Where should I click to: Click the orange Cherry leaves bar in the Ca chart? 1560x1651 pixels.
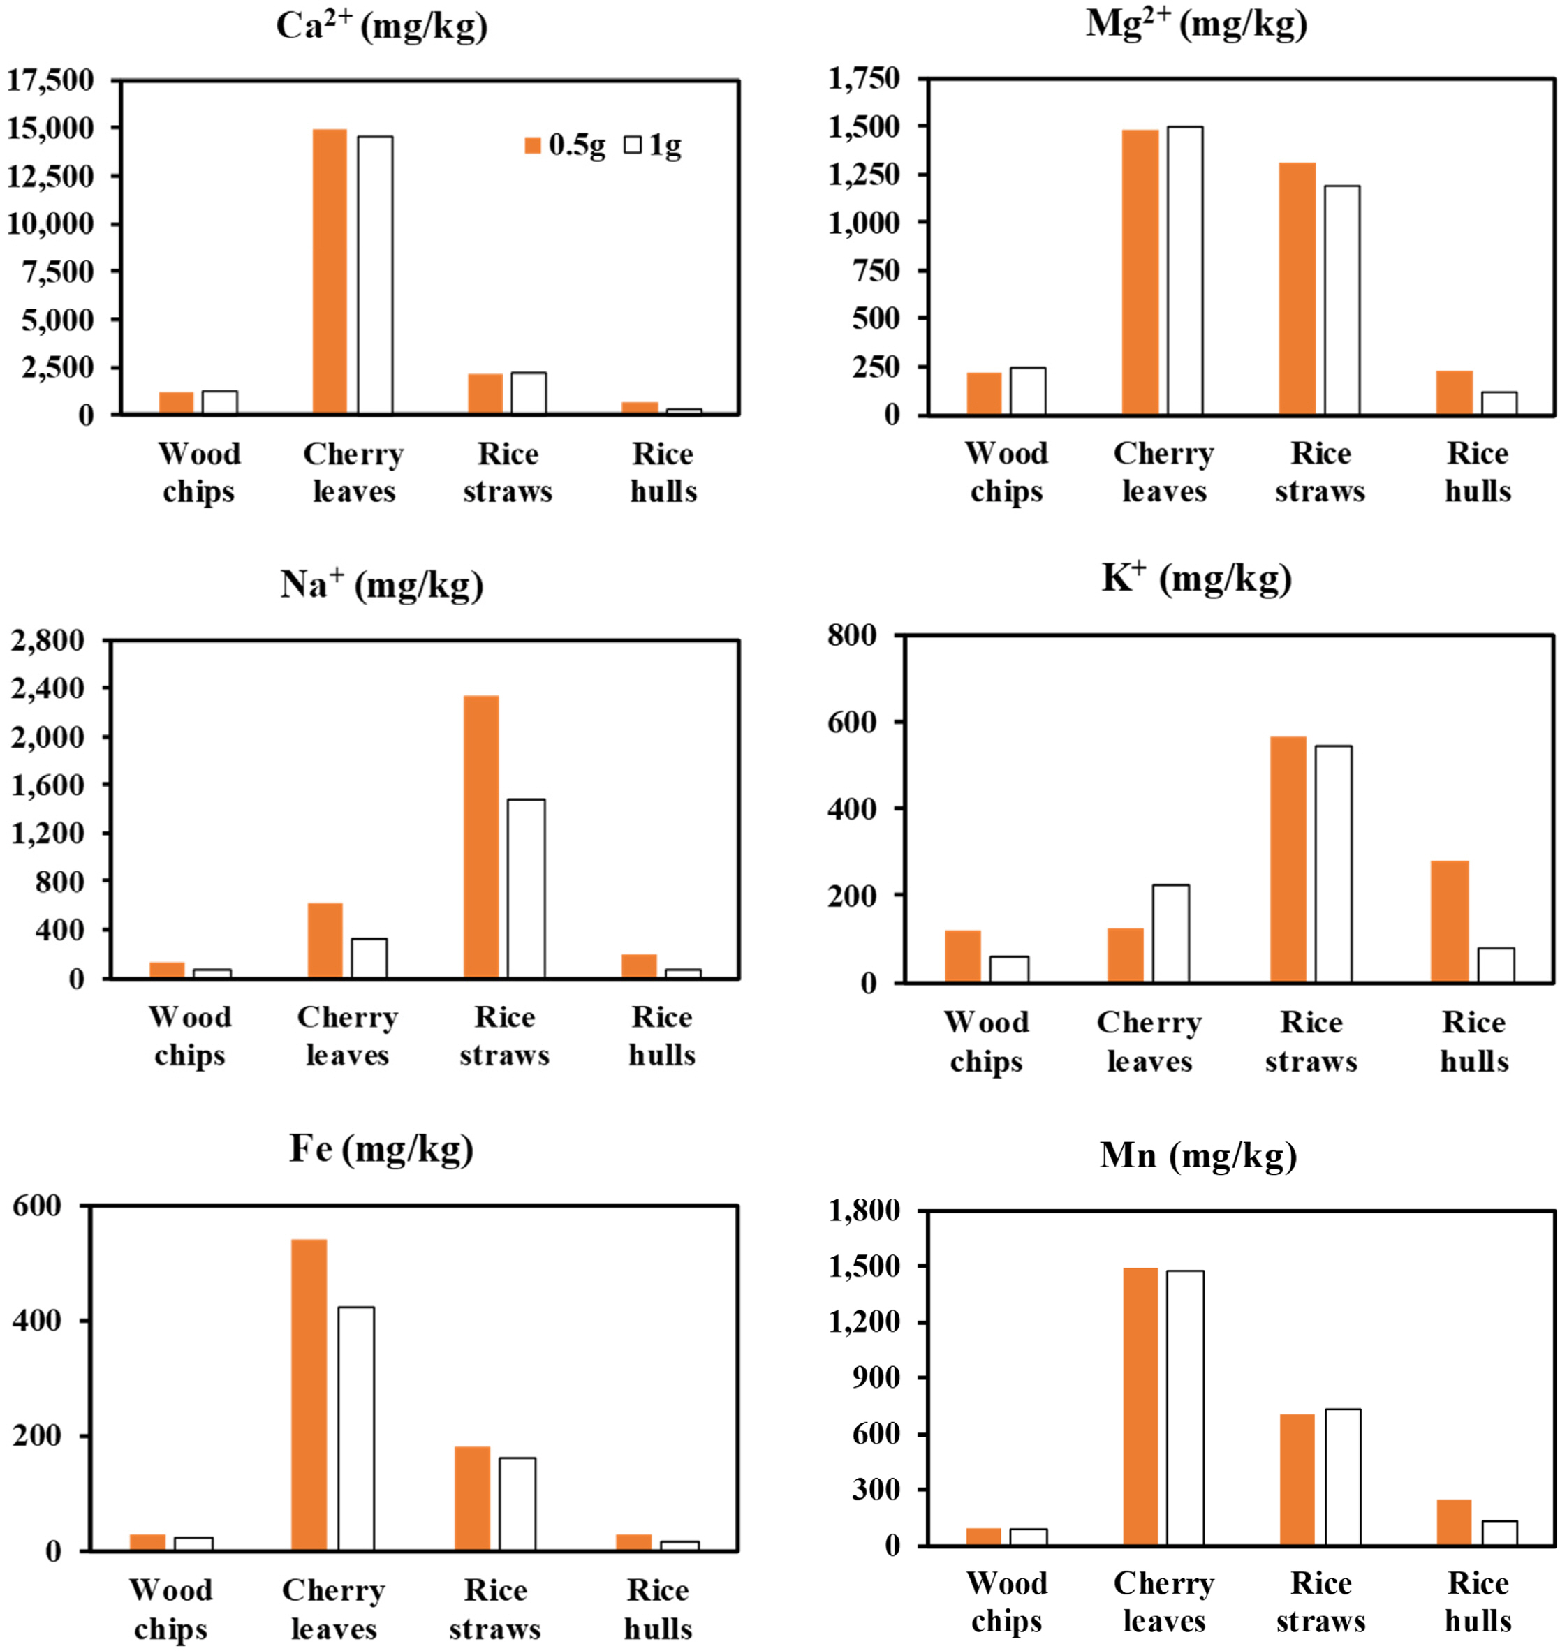330,271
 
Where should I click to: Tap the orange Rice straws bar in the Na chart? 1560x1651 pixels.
480,836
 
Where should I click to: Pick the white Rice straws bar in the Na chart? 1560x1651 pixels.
527,888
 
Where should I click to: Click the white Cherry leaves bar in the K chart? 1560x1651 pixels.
1170,933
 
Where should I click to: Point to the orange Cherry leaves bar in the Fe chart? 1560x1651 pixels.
309,1394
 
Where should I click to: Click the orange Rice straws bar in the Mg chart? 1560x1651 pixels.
1297,288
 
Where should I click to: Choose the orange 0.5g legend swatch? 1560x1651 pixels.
532,145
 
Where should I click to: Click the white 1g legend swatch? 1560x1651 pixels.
633,145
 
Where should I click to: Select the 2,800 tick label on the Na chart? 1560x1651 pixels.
47,640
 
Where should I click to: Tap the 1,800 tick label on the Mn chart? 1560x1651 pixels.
864,1211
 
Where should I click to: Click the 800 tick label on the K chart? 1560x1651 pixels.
851,635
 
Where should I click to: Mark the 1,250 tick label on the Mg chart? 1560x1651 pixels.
864,175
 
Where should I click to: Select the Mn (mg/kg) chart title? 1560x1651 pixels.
1198,1155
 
